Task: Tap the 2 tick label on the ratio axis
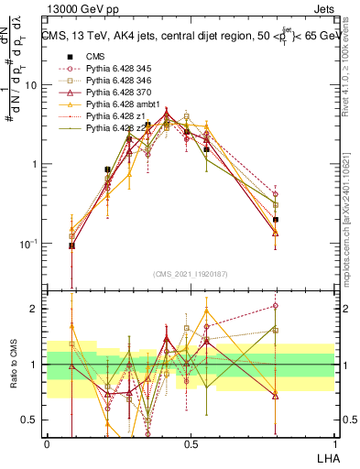(x=35, y=309)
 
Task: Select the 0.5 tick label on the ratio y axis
(x=31, y=420)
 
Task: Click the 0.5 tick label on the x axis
(x=191, y=442)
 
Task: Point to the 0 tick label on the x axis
(x=47, y=442)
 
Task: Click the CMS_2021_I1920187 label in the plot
(x=191, y=272)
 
